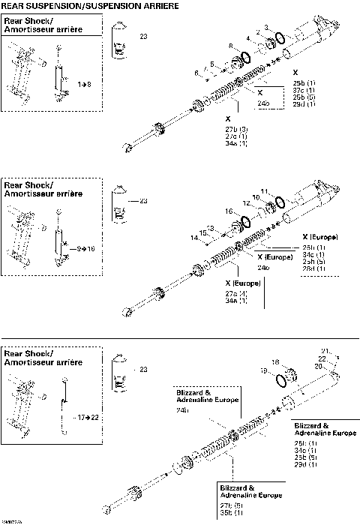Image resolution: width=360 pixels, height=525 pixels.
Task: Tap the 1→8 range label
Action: click(85, 85)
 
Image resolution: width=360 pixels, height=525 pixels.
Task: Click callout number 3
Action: click(265, 28)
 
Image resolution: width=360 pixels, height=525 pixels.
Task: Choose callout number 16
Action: click(229, 211)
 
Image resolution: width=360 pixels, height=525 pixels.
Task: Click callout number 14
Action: click(194, 238)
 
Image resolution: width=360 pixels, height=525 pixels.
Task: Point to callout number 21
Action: click(325, 351)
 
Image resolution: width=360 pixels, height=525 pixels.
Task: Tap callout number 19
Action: click(263, 370)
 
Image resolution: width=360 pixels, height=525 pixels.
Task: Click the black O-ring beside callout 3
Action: click(278, 37)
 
